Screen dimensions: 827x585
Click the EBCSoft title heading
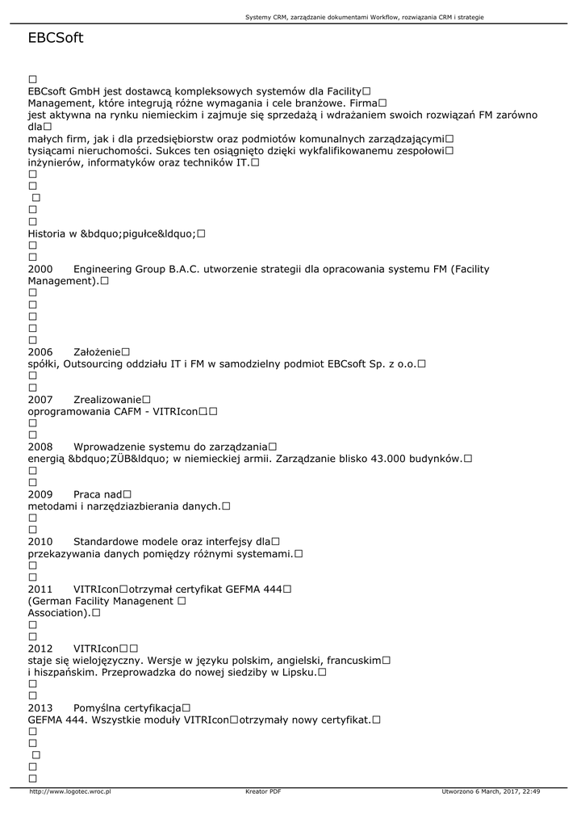(x=55, y=38)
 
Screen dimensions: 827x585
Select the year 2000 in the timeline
(x=40, y=269)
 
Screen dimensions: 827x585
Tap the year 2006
(x=40, y=352)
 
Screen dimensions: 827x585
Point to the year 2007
(x=40, y=400)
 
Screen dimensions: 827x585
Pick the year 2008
(x=40, y=447)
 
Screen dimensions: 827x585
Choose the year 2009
(x=40, y=494)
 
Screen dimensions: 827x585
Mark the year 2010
(x=40, y=541)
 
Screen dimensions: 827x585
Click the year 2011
(x=40, y=589)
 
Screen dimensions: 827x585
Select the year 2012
(x=40, y=649)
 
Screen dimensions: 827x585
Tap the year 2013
(x=40, y=707)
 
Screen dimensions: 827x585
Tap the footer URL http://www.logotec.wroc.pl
(x=69, y=791)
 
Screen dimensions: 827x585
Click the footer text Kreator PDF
(x=263, y=791)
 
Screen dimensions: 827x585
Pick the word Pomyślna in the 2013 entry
(x=96, y=707)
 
